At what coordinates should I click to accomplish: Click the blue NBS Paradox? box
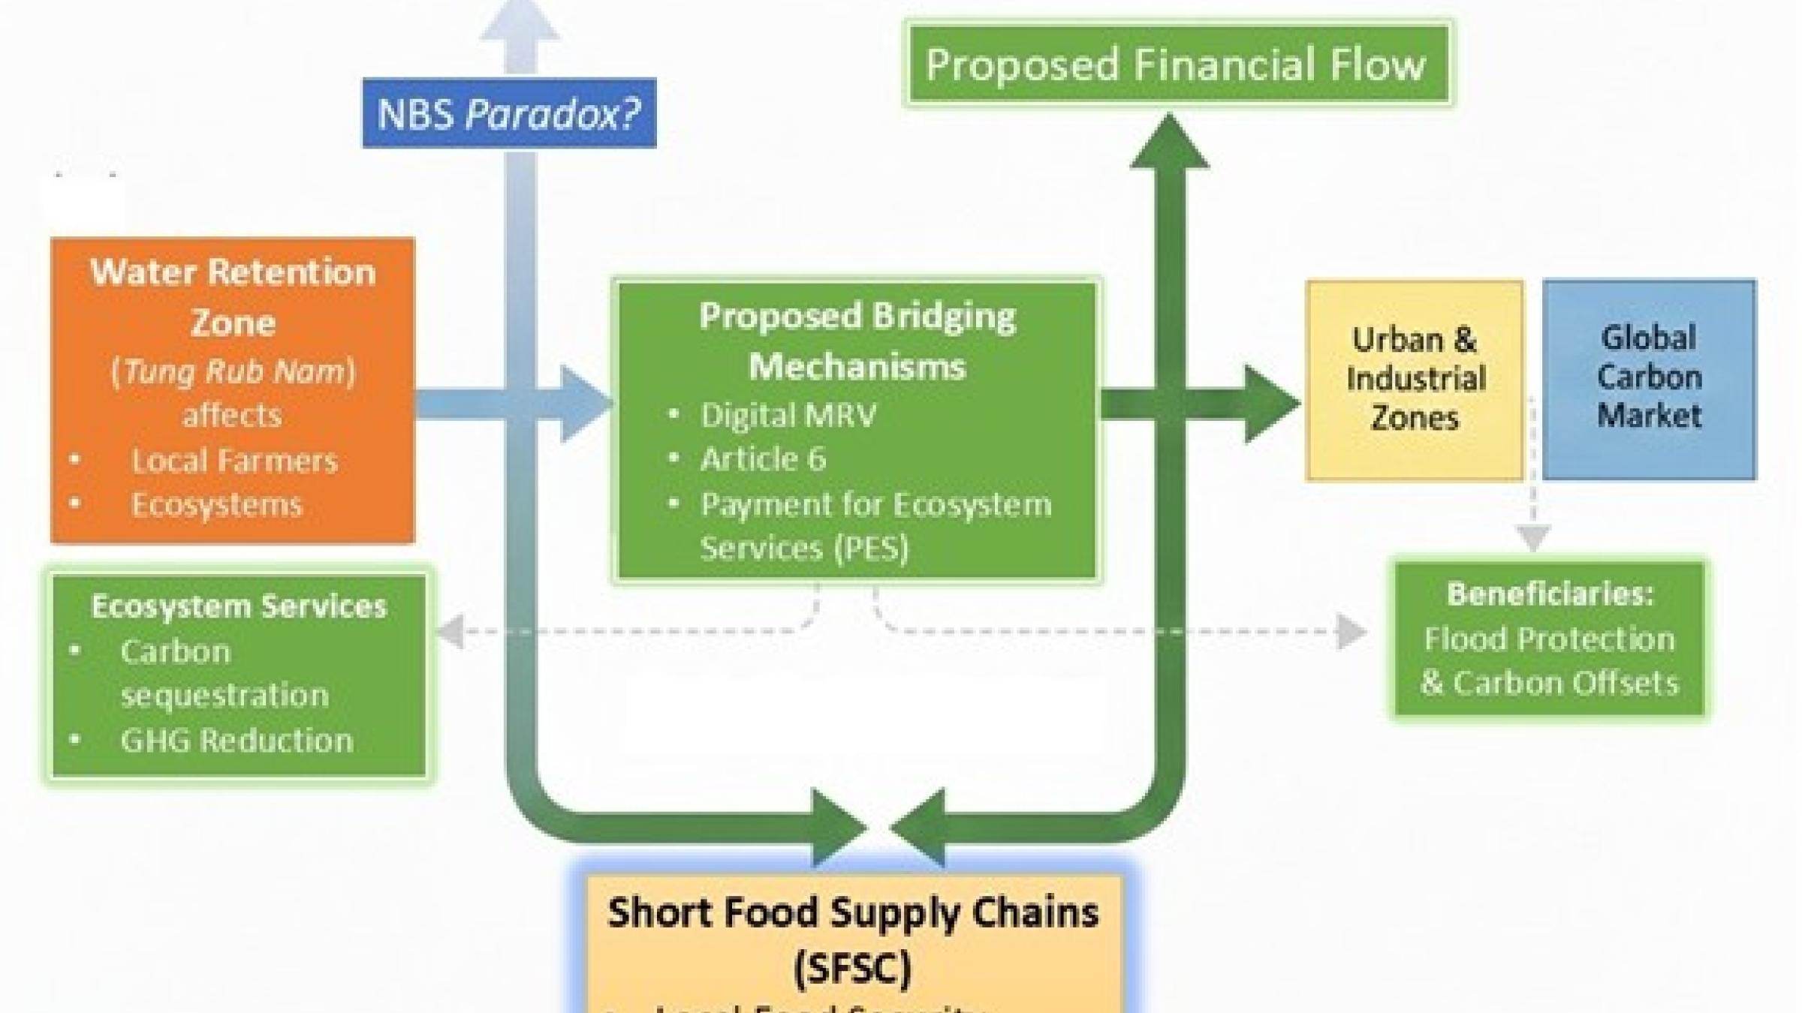coord(509,113)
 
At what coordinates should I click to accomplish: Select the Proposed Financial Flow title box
coord(1177,65)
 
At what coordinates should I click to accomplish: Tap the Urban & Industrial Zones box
coord(1415,380)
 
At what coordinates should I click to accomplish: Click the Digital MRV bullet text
coord(788,415)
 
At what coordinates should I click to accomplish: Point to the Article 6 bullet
coord(763,458)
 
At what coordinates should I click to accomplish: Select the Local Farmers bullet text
coord(234,461)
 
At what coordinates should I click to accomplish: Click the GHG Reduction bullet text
coord(237,741)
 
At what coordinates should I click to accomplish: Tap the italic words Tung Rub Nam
coord(234,371)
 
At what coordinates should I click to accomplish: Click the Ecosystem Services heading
coord(239,606)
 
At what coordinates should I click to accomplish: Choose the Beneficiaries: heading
coord(1550,594)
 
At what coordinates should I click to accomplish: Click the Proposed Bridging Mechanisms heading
coord(857,341)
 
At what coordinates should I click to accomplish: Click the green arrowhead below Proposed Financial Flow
coord(1169,143)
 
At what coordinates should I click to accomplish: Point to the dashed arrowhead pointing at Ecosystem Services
coord(450,631)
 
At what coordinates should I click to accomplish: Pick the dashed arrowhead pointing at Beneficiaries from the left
coord(1351,631)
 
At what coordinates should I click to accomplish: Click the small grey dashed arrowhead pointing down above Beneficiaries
coord(1533,537)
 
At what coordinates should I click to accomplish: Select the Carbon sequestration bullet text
coord(224,673)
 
